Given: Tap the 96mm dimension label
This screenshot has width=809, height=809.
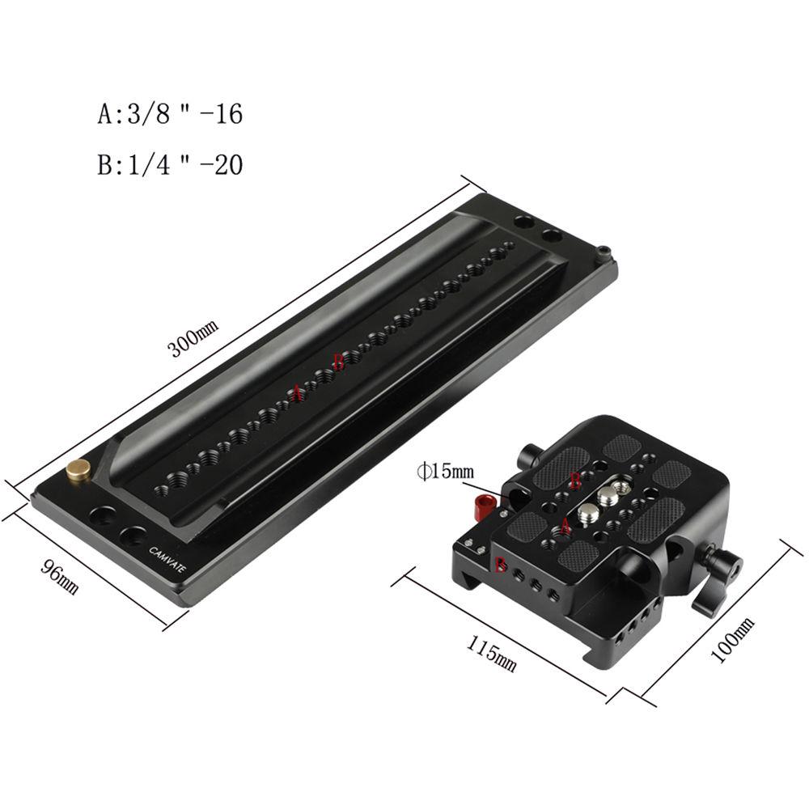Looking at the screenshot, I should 61,575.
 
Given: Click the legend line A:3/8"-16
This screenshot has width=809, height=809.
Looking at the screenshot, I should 170,114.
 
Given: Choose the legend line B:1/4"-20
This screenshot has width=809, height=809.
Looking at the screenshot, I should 170,165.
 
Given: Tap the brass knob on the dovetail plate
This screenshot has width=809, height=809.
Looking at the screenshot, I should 79,471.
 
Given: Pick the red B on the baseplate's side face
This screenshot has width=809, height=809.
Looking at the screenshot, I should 501,565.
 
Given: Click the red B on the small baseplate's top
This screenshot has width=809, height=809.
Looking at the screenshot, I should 576,480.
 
